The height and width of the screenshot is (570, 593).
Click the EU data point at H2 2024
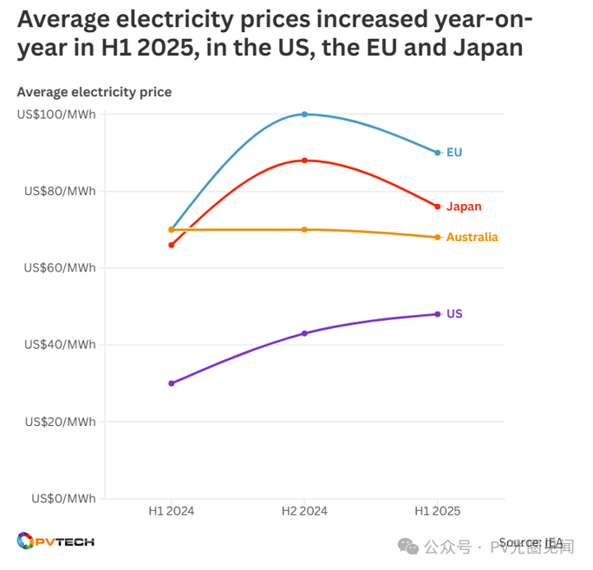tap(304, 114)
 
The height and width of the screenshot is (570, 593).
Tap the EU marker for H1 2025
tap(438, 153)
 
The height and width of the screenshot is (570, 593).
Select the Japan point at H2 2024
tap(304, 161)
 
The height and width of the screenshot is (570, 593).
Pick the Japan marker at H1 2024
tap(172, 245)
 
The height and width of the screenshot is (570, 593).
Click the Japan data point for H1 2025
tap(438, 206)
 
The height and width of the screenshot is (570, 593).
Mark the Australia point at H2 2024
tap(304, 230)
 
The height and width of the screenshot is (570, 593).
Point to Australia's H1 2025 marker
tap(438, 237)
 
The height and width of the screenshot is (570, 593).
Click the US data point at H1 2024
tap(172, 383)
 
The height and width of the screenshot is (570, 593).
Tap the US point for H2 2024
tap(304, 333)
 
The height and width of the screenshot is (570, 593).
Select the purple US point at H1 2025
tap(438, 314)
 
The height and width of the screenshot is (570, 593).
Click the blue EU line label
tap(454, 153)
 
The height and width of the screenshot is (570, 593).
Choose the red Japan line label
tap(464, 206)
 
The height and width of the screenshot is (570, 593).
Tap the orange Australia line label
tap(472, 237)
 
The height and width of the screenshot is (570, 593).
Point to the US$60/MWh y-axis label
tap(60, 268)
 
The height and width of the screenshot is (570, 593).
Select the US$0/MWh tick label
tap(63, 499)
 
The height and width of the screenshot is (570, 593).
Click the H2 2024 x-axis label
tap(304, 512)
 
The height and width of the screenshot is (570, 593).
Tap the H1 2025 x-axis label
tap(438, 512)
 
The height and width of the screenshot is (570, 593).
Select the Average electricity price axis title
tap(94, 92)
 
